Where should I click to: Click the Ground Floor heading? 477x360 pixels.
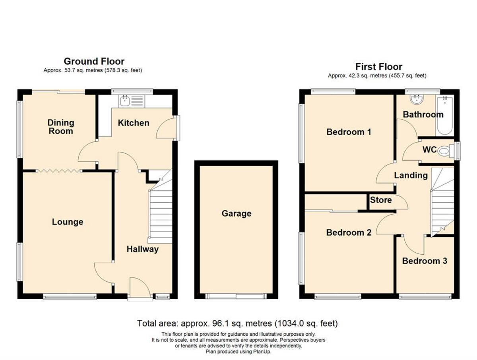[x=94, y=61]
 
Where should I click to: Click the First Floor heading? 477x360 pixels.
[x=378, y=66]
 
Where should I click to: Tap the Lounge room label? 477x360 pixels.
[x=68, y=222]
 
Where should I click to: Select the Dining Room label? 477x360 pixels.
[x=61, y=127]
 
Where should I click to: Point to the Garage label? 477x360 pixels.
[x=237, y=213]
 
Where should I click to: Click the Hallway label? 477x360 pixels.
[x=142, y=249]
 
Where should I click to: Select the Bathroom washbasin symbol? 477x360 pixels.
[x=417, y=99]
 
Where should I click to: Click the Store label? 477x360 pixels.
[x=381, y=200]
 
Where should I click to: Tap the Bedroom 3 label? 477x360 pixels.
[x=425, y=261]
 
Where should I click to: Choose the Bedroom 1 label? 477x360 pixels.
[x=349, y=132]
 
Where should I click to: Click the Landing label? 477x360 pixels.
[x=411, y=175]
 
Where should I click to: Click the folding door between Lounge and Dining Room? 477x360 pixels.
[x=59, y=171]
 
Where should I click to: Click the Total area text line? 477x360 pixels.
[x=237, y=323]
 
